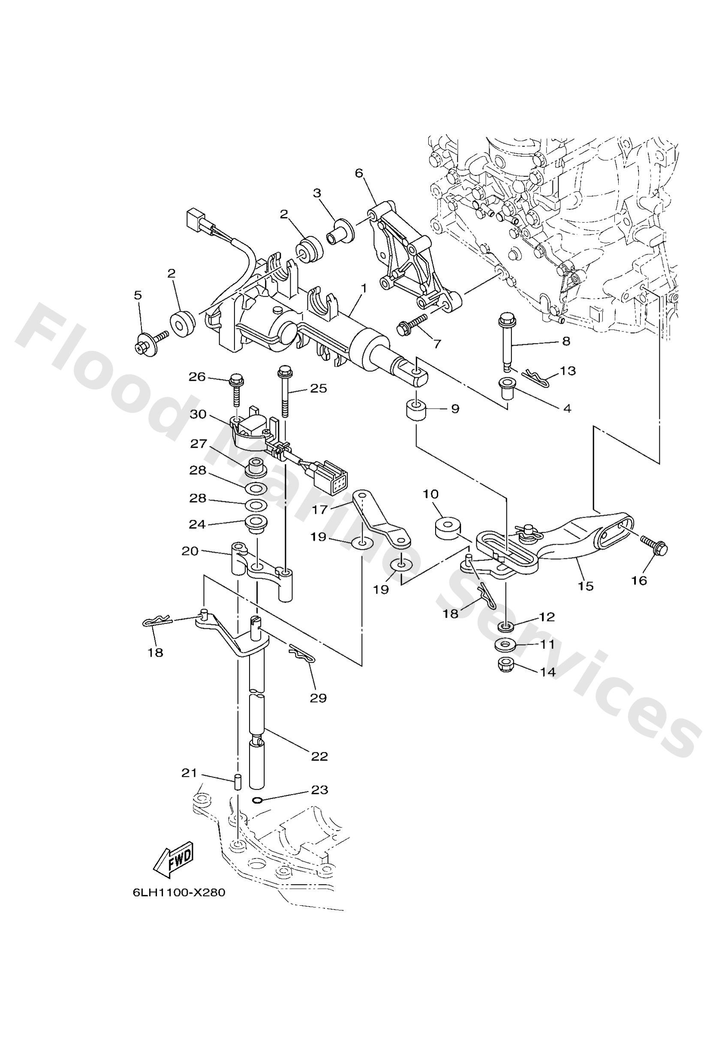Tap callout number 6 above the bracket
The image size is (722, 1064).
coord(358,173)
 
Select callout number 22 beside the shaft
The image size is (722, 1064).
coord(319,756)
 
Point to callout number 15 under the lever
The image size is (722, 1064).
coord(586,585)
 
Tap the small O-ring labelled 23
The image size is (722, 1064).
coord(258,800)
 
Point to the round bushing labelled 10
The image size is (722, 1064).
coord(446,528)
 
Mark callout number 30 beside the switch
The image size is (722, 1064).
coord(199,414)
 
